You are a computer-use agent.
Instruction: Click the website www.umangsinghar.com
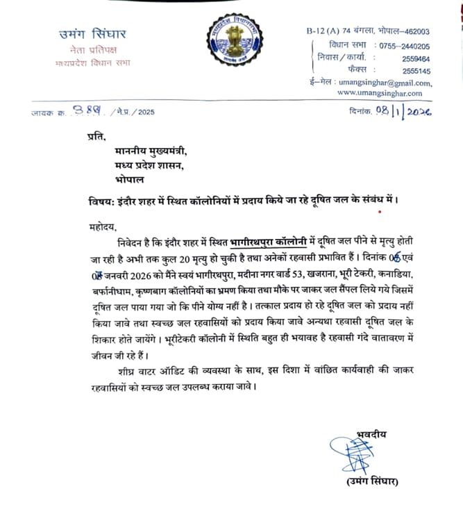pos(380,93)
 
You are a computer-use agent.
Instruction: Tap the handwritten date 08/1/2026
pos(402,111)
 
